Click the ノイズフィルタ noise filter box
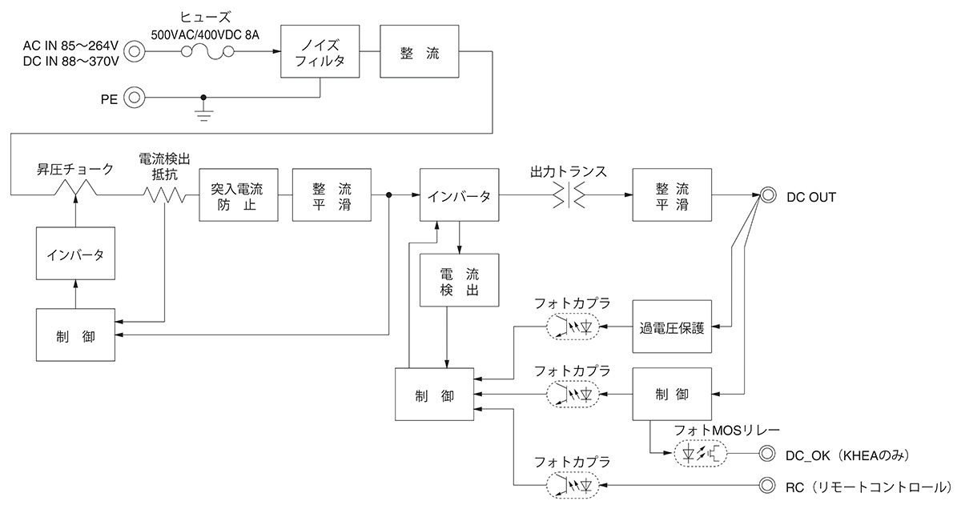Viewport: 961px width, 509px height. pos(320,52)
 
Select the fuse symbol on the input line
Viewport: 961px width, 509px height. pos(207,53)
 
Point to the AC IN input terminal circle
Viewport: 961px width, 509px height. pos(135,53)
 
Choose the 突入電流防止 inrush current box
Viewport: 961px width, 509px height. pos(237,195)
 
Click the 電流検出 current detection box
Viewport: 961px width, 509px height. pos(459,280)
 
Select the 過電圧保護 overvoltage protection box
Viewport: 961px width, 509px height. pos(672,327)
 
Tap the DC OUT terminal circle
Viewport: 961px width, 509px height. pos(767,195)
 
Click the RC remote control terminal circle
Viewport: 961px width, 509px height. pos(767,486)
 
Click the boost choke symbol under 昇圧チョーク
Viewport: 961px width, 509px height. pos(74,189)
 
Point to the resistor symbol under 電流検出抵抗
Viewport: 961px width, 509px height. pos(165,194)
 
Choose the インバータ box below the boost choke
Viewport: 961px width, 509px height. pos(74,254)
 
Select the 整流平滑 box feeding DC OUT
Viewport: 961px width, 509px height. pos(672,195)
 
